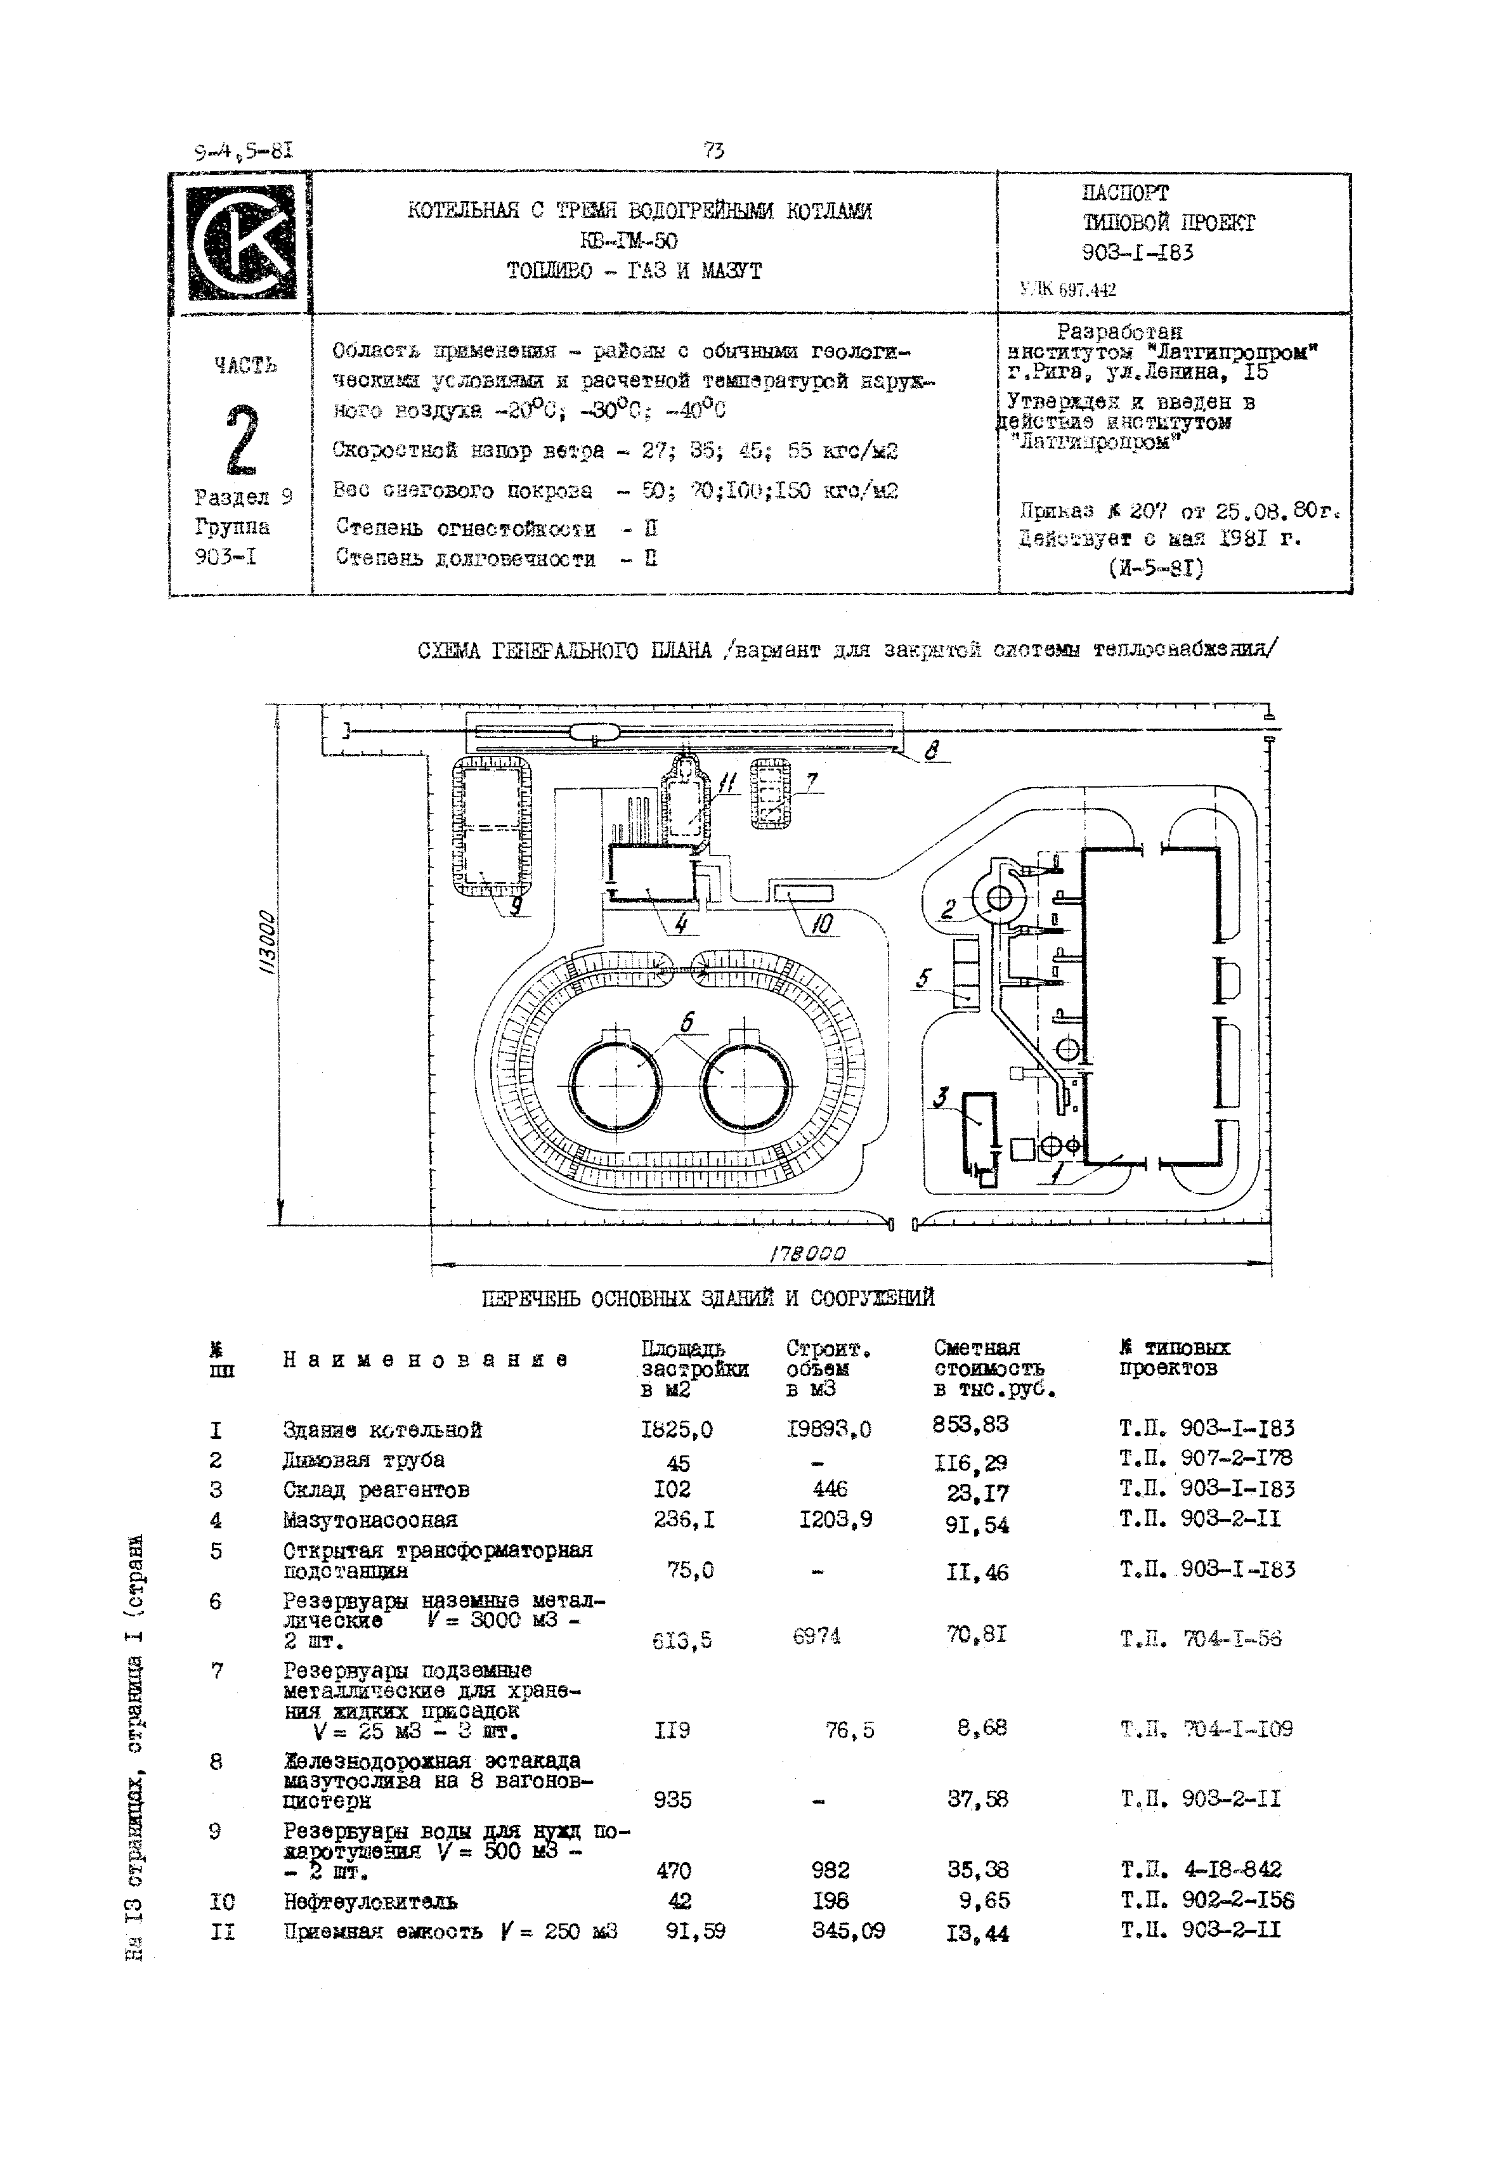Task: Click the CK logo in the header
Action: [240, 242]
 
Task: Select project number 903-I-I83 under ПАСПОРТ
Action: [1138, 252]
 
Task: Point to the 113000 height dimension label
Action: [270, 944]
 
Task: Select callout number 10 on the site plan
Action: [822, 925]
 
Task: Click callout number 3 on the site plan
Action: [941, 1097]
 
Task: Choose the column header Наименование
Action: [425, 1360]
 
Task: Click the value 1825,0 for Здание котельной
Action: [676, 1429]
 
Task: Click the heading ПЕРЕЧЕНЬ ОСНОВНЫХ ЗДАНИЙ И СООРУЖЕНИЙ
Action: [708, 1298]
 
